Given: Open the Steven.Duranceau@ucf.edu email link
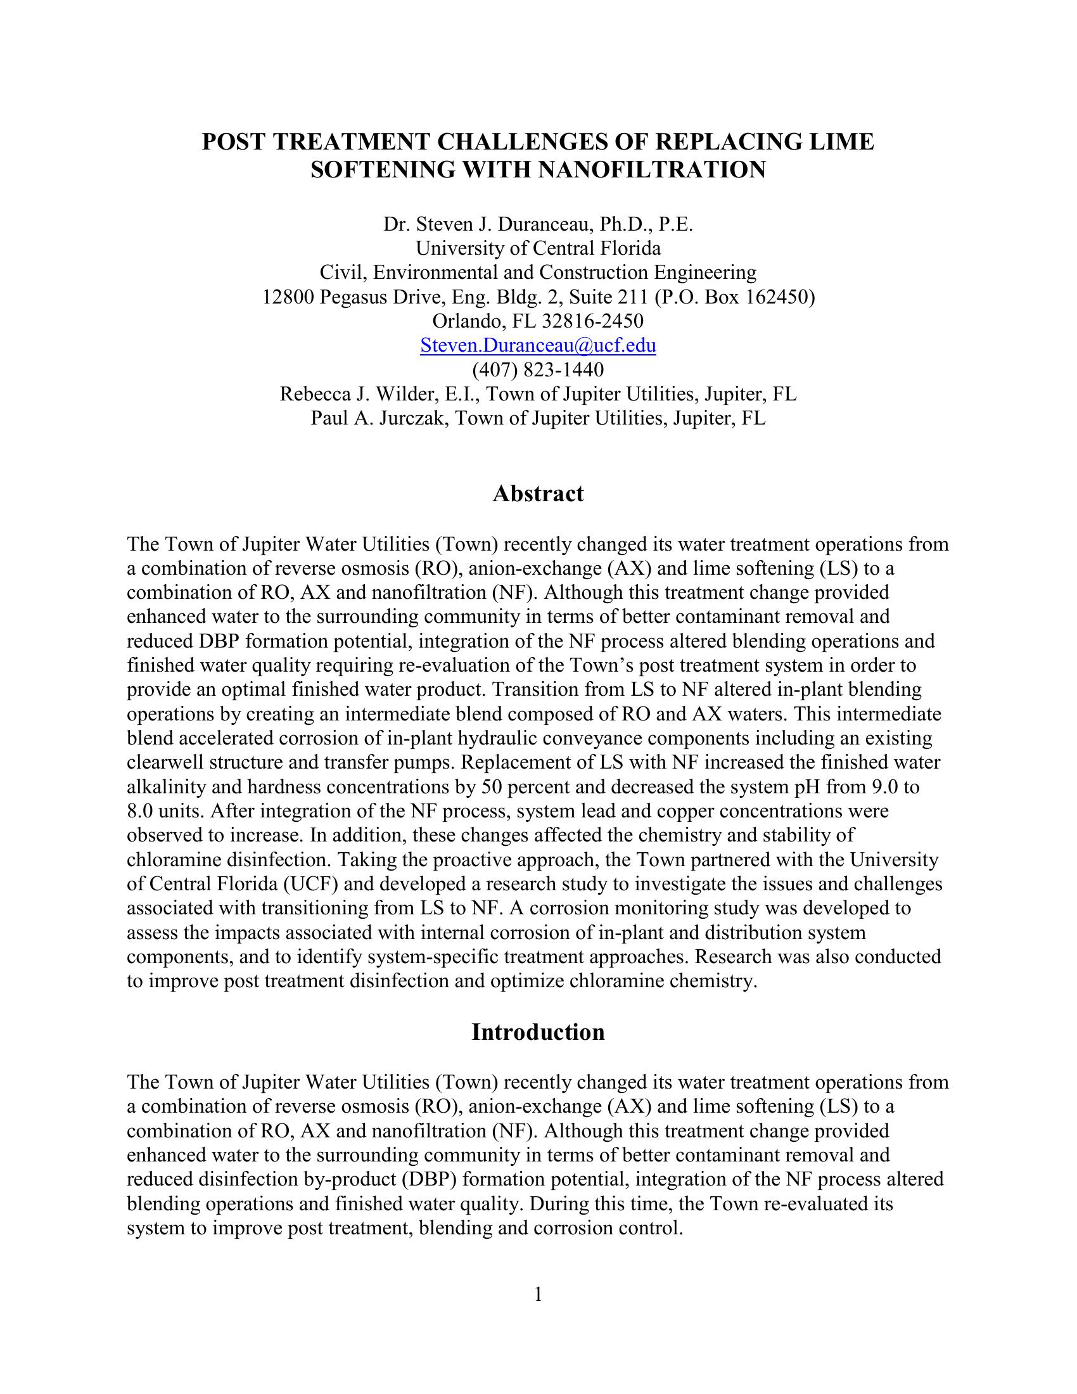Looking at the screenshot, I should click(x=538, y=345).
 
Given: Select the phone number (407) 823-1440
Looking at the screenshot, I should click(x=538, y=369).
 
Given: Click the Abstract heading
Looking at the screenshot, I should click(x=538, y=494).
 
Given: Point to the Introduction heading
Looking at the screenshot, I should click(x=538, y=1032).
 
